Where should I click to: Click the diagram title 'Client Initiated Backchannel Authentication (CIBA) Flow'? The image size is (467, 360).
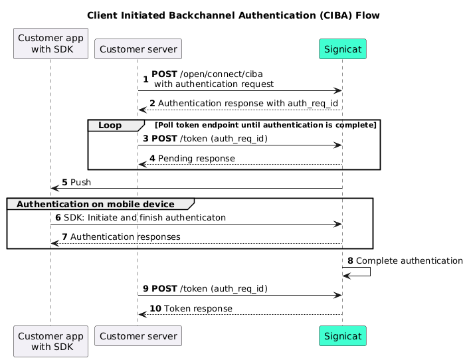click(x=233, y=15)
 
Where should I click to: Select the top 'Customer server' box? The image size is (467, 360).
click(x=138, y=48)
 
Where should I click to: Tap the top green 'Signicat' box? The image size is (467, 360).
click(x=342, y=48)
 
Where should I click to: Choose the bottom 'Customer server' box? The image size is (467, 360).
click(x=138, y=339)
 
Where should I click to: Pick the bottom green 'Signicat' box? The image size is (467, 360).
click(x=342, y=339)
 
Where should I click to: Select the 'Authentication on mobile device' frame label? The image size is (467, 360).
click(x=96, y=203)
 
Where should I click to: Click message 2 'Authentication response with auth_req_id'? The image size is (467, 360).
click(x=248, y=104)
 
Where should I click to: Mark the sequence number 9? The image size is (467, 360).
click(x=145, y=289)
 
